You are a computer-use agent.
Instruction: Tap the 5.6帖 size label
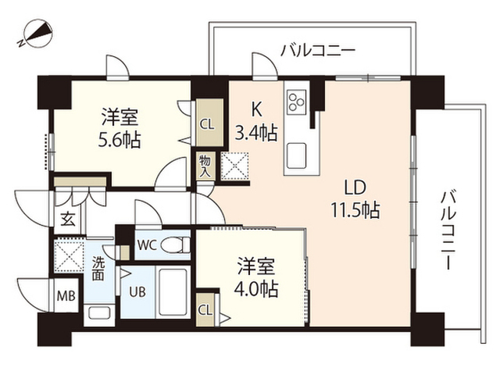tap(120, 141)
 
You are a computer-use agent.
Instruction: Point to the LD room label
tap(355, 187)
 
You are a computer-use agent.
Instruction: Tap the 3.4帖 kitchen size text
tap(256, 133)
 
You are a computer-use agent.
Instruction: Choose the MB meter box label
tap(66, 297)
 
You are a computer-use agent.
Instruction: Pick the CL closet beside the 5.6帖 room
tap(207, 123)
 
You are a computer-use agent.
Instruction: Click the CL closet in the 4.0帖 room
tap(207, 309)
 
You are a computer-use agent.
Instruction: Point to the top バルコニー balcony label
tap(317, 52)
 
